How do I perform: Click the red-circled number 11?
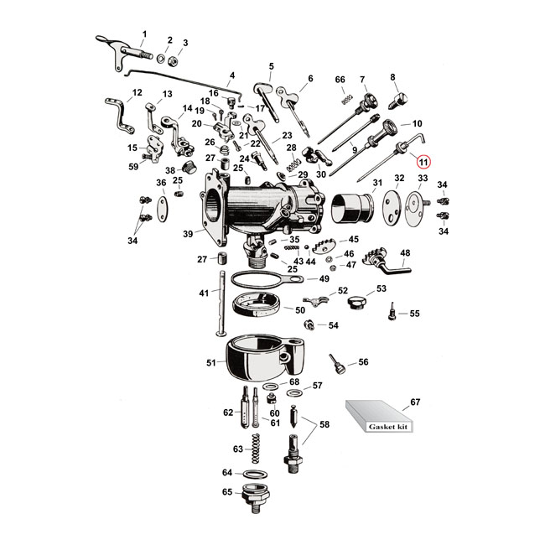click(423, 161)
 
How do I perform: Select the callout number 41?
click(203, 293)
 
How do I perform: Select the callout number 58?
click(324, 425)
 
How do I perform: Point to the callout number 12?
click(138, 92)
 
